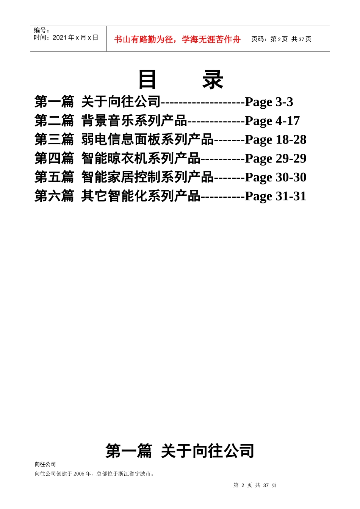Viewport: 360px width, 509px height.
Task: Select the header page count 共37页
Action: (x=301, y=39)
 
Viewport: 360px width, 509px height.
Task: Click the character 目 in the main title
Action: (x=147, y=80)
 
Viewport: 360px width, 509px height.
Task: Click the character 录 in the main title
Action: (x=213, y=80)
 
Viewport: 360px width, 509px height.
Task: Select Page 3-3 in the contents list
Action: (x=269, y=102)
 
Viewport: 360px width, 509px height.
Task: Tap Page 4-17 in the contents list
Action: (x=272, y=121)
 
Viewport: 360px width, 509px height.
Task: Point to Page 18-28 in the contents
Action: (x=275, y=140)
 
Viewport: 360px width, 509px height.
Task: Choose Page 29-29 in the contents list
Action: (x=275, y=158)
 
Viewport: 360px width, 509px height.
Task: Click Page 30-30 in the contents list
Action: (x=275, y=177)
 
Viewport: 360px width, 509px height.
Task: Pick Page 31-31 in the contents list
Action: (x=275, y=196)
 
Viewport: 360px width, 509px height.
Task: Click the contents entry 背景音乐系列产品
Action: (x=134, y=121)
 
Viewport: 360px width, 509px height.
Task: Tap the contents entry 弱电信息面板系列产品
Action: (x=147, y=140)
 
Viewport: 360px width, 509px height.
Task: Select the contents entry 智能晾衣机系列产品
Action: (x=141, y=158)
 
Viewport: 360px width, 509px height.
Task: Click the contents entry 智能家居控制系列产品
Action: (x=147, y=177)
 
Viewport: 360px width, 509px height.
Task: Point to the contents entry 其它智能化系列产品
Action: (x=141, y=196)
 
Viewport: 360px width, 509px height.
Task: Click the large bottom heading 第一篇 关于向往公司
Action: (x=180, y=451)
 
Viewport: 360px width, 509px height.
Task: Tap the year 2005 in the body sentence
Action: (x=79, y=474)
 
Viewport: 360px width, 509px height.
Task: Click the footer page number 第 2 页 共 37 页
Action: (x=255, y=485)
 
